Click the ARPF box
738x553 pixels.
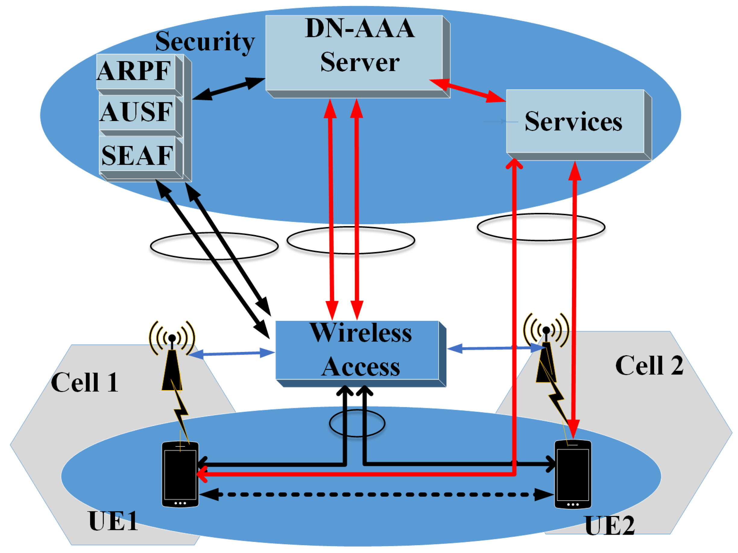pyautogui.click(x=135, y=71)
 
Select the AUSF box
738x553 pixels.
pyautogui.click(x=137, y=112)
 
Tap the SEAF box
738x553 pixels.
pyautogui.click(x=137, y=155)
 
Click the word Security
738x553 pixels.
pyautogui.click(x=205, y=41)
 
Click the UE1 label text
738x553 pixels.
pyautogui.click(x=113, y=520)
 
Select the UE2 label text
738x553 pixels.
pyautogui.click(x=609, y=525)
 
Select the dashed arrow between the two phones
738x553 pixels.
pyautogui.click(x=376, y=494)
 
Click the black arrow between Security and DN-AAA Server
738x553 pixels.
pyautogui.click(x=229, y=89)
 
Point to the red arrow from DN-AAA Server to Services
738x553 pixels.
pyautogui.click(x=467, y=90)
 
